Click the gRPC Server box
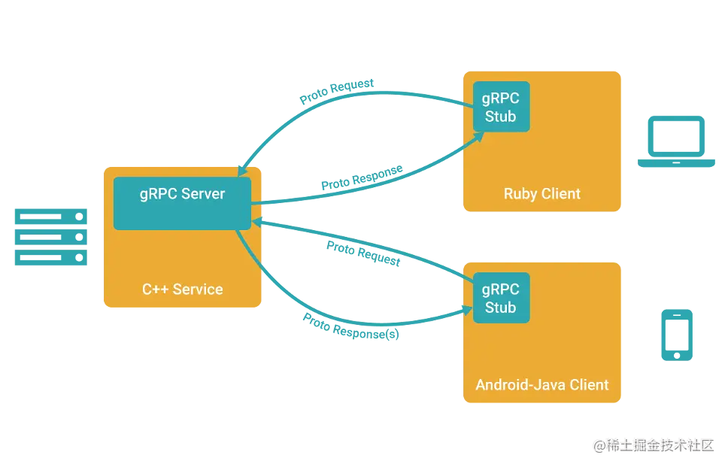pos(182,203)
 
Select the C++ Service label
pos(182,289)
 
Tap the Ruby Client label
pos(541,194)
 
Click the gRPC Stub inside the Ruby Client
pos(500,107)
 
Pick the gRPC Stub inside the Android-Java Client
pos(500,298)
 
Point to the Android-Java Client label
pos(541,384)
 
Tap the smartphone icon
pos(676,334)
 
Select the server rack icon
pos(51,238)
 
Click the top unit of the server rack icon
pos(51,217)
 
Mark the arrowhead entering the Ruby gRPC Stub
pos(477,139)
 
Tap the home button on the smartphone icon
pos(676,353)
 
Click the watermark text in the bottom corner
pos(653,444)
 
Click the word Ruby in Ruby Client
pos(520,194)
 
